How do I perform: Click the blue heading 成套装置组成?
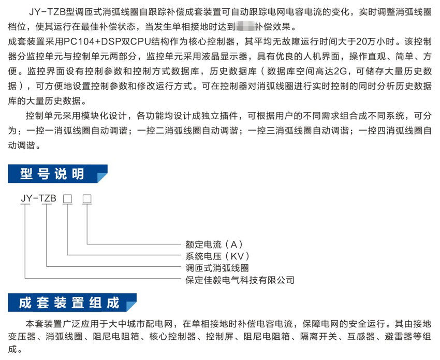[69, 303]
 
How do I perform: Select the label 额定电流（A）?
[214, 243]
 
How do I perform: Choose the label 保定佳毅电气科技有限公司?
[240, 280]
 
